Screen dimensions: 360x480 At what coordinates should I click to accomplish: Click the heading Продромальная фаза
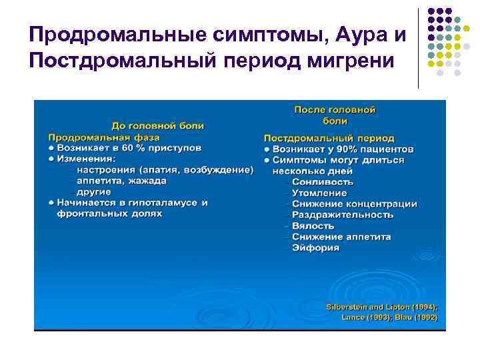click(x=94, y=136)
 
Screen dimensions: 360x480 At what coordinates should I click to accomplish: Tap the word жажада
click(x=144, y=181)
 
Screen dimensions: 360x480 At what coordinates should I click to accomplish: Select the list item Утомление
click(x=319, y=193)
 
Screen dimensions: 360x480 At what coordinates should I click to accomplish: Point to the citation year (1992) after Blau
click(x=424, y=317)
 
